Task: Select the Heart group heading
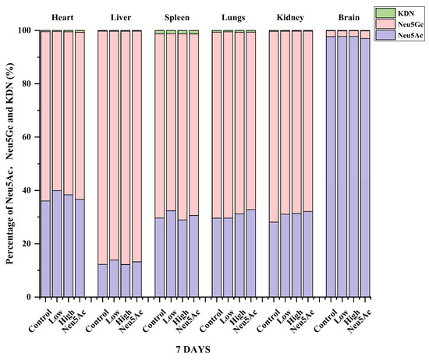(x=62, y=16)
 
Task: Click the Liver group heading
(x=119, y=16)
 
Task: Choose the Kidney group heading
(x=290, y=16)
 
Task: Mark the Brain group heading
(x=348, y=16)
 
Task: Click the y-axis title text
(x=9, y=164)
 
